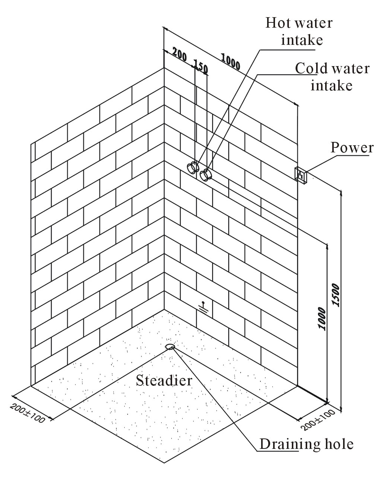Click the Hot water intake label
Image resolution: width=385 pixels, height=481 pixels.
(x=299, y=31)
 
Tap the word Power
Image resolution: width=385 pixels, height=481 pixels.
(x=352, y=148)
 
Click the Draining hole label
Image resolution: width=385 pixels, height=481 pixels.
(x=306, y=444)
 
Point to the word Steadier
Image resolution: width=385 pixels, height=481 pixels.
(x=164, y=381)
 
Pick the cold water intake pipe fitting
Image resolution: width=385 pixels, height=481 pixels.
(x=205, y=175)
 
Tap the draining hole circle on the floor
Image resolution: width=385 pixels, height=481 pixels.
(x=170, y=347)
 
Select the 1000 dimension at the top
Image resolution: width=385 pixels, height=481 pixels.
(x=230, y=61)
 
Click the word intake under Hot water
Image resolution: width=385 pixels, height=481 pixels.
(x=302, y=40)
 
